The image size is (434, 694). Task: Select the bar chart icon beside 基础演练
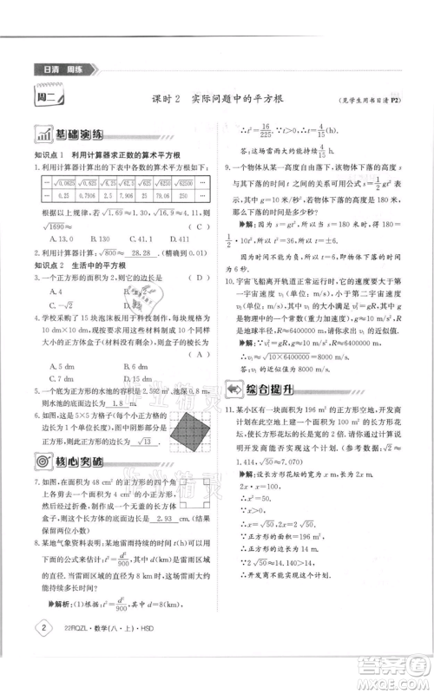41,136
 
